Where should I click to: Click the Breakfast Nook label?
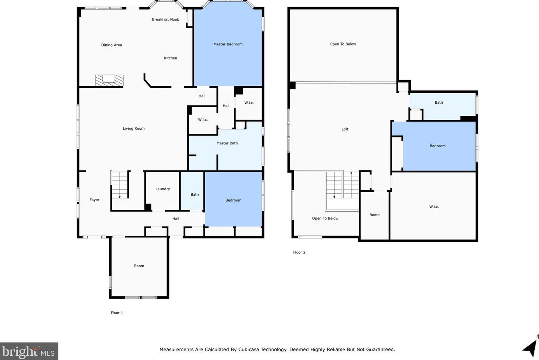(x=165, y=19)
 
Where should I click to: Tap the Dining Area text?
(x=112, y=45)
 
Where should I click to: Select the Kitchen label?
(x=170, y=58)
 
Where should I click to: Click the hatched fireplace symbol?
(x=109, y=80)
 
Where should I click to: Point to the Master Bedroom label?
(x=228, y=44)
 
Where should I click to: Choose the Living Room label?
(x=134, y=129)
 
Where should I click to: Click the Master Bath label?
(x=227, y=143)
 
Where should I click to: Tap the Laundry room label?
(x=163, y=189)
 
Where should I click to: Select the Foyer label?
(x=94, y=200)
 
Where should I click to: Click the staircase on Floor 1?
(x=120, y=184)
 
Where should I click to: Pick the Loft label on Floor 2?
(x=345, y=129)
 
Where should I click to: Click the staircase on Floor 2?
(x=342, y=185)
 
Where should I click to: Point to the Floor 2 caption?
(x=299, y=252)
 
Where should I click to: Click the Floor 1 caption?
(x=117, y=313)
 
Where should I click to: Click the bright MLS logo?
(x=29, y=351)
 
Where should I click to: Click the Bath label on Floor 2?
(x=439, y=103)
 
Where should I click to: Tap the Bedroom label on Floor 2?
(x=438, y=146)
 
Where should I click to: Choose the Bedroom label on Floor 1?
(x=233, y=200)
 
